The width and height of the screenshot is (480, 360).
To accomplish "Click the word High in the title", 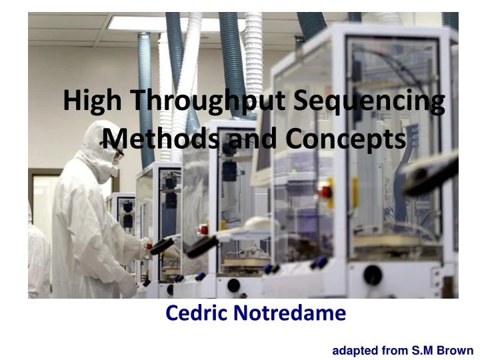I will point(93,102).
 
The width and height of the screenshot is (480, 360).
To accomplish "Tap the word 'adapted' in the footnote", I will point(354,349).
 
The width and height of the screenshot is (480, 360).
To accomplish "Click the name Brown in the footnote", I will point(455,349).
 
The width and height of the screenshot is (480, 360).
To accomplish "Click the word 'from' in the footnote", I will point(393,349).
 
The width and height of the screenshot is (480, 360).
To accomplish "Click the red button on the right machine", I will point(326,192).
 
